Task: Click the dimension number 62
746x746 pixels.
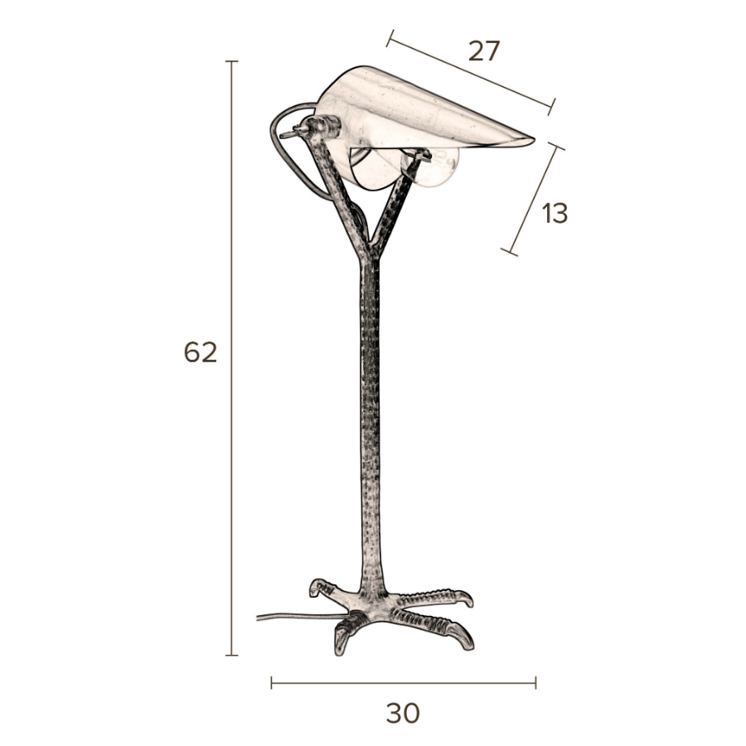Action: point(201,352)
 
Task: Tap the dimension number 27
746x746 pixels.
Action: point(484,51)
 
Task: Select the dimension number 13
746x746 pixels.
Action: point(555,213)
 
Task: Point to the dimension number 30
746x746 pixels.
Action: point(403,713)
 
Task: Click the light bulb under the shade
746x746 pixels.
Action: point(435,166)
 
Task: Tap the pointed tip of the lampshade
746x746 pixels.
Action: point(533,139)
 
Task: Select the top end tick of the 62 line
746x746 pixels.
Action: point(232,61)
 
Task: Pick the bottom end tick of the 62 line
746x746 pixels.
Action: point(232,655)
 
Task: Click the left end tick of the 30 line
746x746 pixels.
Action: point(271,683)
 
